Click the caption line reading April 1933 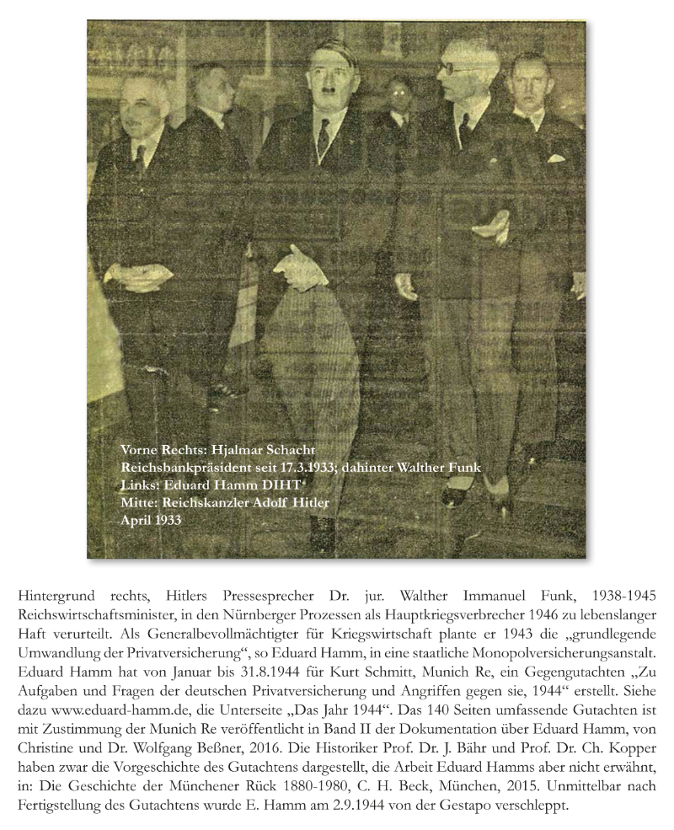[152, 521]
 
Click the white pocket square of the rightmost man [554, 158]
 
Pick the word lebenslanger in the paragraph [617, 614]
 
